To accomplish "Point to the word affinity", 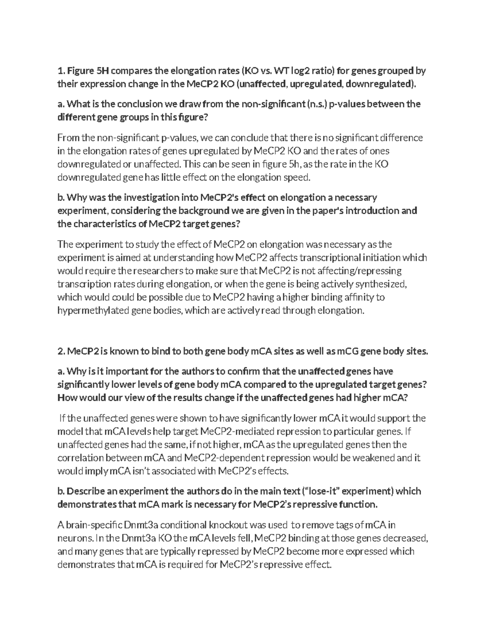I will point(357,297).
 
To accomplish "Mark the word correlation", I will point(80,458).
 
